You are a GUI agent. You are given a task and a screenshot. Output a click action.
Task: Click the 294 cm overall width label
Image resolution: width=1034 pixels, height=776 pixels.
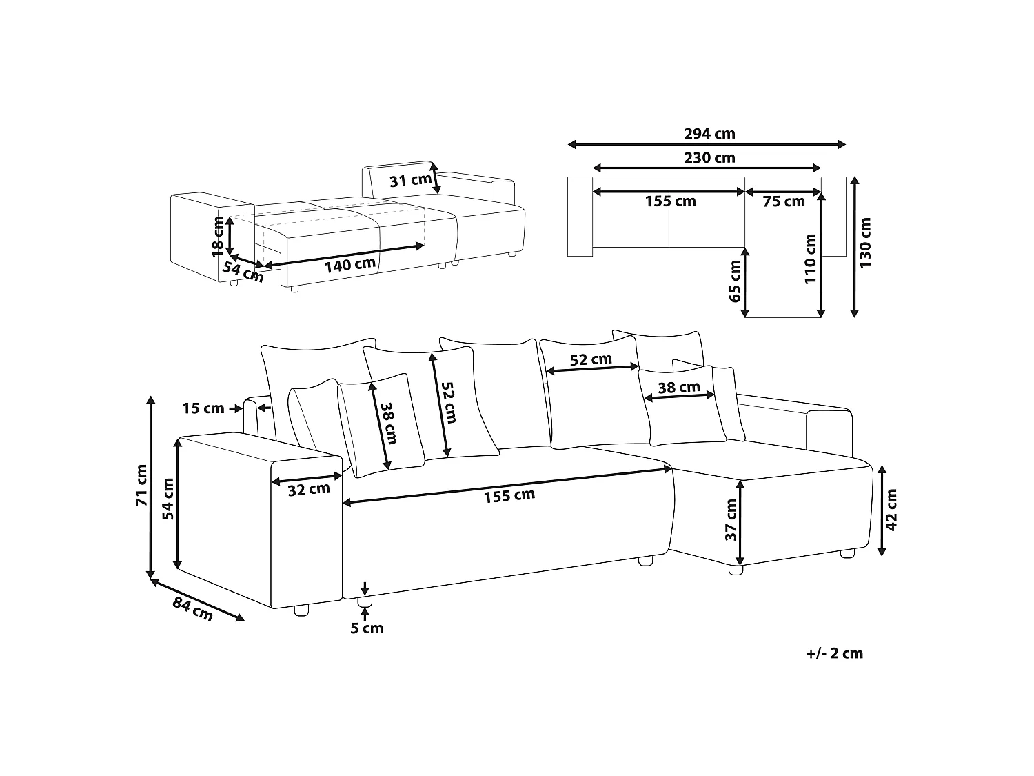[x=709, y=134]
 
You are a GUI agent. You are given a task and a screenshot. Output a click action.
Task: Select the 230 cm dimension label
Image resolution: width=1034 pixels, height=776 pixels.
[x=709, y=157]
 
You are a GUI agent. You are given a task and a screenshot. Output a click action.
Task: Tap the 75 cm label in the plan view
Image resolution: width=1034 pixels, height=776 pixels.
[x=783, y=201]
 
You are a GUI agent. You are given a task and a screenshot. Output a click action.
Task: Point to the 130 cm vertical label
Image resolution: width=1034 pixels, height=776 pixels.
[x=865, y=242]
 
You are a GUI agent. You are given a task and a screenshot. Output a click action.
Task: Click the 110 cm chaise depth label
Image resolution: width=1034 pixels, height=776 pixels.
[x=810, y=259]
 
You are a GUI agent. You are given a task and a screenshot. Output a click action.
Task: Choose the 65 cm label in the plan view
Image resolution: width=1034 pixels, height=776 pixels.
[x=735, y=281]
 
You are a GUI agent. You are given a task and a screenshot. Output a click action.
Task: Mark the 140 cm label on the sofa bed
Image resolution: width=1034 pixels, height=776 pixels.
[x=350, y=265]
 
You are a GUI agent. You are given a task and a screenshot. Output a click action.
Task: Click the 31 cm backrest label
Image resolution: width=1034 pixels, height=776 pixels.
[x=410, y=180]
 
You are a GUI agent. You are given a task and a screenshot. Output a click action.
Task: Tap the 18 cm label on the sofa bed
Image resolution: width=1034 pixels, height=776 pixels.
[x=218, y=237]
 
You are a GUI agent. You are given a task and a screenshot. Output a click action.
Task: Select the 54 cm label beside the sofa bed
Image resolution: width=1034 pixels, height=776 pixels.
[x=243, y=272]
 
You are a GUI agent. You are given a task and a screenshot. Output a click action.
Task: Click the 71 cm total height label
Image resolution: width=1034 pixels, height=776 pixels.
[x=142, y=486]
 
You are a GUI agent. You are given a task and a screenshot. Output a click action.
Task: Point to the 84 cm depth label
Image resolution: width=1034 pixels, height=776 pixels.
[x=192, y=609]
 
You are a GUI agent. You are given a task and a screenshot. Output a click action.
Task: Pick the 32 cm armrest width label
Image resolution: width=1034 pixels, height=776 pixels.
[x=309, y=490]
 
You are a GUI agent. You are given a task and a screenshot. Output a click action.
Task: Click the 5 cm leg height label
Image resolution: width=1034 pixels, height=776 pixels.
[x=367, y=628]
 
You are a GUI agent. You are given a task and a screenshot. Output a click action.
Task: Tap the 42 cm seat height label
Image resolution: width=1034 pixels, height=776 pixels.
[x=891, y=510]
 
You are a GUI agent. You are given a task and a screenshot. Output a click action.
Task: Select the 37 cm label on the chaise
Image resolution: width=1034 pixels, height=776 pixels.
[x=731, y=519]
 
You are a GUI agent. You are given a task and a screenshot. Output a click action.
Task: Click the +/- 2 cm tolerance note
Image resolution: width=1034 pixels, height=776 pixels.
[x=834, y=653]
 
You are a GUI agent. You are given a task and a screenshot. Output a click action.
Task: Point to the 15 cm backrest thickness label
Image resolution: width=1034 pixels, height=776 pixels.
[x=203, y=408]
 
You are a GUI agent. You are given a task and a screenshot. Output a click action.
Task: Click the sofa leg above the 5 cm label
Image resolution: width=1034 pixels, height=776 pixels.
[x=364, y=601]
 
